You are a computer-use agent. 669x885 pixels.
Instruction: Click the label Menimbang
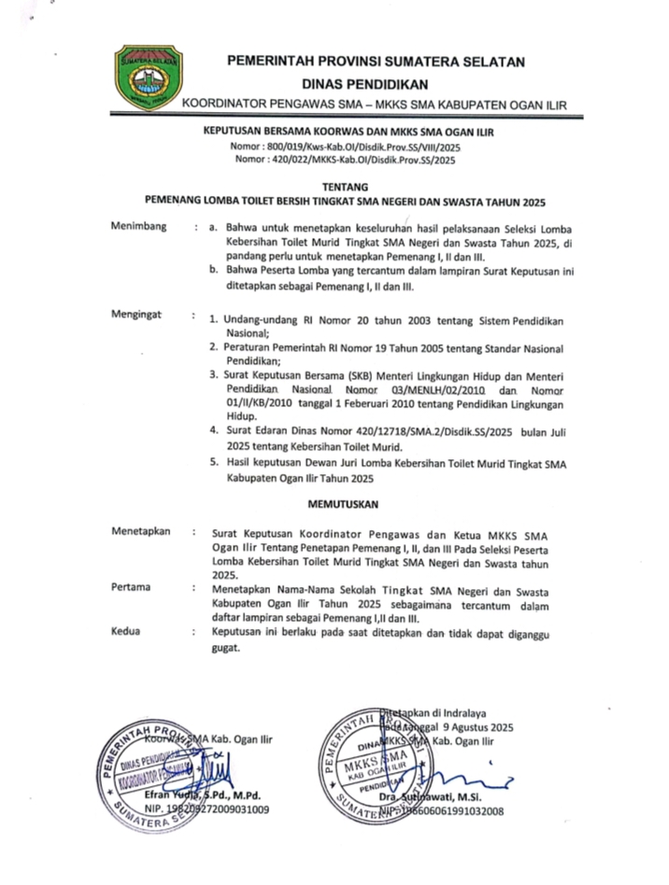(138, 227)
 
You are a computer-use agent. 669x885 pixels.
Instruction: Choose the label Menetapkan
(140, 531)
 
